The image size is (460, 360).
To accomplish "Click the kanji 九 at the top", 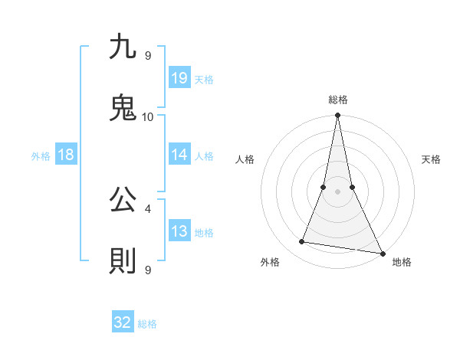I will pyautogui.click(x=123, y=47).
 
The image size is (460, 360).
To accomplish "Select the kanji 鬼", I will pyautogui.click(x=123, y=106).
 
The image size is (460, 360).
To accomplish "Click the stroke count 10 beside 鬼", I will pyautogui.click(x=148, y=117).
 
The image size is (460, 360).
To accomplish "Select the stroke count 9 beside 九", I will pyautogui.click(x=148, y=56).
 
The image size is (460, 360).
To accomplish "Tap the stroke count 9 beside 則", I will pyautogui.click(x=148, y=270).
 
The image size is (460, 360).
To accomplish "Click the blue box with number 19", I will pyautogui.click(x=179, y=77).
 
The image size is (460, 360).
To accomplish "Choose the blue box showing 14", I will pyautogui.click(x=179, y=155).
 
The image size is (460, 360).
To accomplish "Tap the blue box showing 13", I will pyautogui.click(x=179, y=231).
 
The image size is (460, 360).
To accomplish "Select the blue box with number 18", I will pyautogui.click(x=66, y=155).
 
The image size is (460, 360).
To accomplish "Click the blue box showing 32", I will pyautogui.click(x=123, y=322).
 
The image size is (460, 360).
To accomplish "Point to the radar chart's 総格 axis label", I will pyautogui.click(x=338, y=100).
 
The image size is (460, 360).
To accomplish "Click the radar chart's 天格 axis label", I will pyautogui.click(x=432, y=159).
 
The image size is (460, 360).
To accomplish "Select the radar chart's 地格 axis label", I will pyautogui.click(x=402, y=262).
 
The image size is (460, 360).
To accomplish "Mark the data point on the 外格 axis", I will pyautogui.click(x=302, y=242).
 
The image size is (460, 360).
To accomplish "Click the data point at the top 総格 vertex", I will pyautogui.click(x=338, y=116).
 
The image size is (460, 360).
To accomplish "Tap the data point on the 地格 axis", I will pyautogui.click(x=382, y=253).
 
